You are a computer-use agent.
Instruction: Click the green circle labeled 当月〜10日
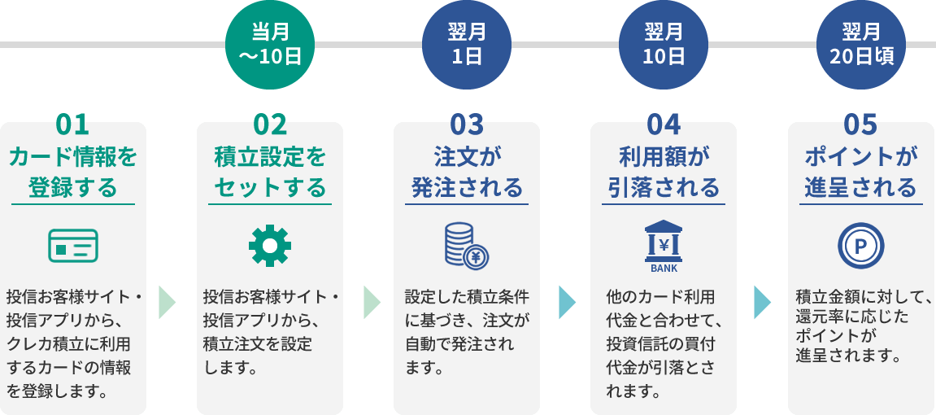click(270, 45)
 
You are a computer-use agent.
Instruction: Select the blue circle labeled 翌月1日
click(467, 45)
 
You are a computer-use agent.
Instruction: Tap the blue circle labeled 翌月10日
click(664, 45)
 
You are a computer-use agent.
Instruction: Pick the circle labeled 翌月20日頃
click(861, 45)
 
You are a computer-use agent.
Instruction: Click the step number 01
click(72, 124)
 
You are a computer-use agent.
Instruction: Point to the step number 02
click(270, 124)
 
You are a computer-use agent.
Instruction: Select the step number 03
click(467, 124)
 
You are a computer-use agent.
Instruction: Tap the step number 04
click(664, 124)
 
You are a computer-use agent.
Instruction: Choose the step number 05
click(860, 124)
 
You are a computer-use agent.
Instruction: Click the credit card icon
click(73, 245)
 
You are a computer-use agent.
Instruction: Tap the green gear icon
click(270, 245)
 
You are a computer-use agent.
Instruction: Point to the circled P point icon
click(860, 245)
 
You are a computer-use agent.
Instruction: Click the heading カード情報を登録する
click(73, 171)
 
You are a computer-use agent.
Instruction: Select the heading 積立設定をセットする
click(270, 171)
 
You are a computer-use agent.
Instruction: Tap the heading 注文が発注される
click(467, 171)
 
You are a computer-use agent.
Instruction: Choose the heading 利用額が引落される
click(664, 171)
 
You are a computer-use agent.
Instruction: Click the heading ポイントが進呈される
click(860, 171)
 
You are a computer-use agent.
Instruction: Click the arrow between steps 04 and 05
click(762, 302)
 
